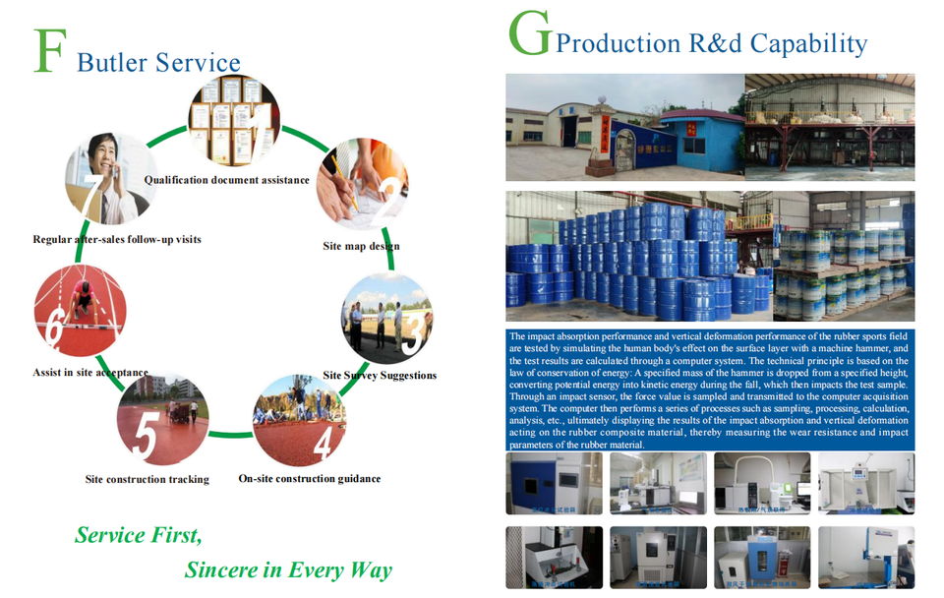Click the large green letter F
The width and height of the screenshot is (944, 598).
(x=49, y=52)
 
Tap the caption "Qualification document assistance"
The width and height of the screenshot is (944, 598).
(x=226, y=180)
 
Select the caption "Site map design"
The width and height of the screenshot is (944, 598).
(x=361, y=246)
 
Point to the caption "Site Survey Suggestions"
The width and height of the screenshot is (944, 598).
(x=380, y=375)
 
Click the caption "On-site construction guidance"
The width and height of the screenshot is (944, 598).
(x=309, y=479)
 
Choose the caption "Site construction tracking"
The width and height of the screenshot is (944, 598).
(x=147, y=480)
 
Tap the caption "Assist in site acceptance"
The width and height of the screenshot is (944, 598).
(x=89, y=374)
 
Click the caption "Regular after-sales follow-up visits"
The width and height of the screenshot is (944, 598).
(x=116, y=239)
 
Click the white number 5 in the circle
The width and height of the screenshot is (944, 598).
(x=145, y=438)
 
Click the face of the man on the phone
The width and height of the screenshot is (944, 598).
(x=98, y=152)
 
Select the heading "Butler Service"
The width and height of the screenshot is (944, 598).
(x=158, y=63)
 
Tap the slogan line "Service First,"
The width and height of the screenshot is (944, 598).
(x=139, y=536)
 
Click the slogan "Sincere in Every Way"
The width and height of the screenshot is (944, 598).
(x=288, y=570)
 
